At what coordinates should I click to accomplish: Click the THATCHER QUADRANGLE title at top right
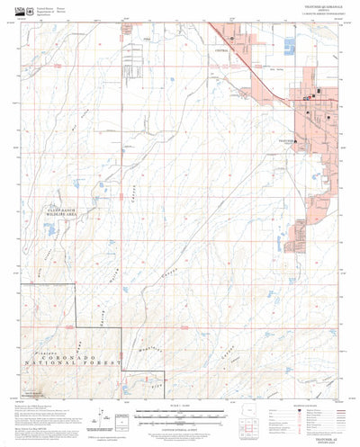(x=313, y=10)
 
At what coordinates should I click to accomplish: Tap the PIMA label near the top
(x=148, y=40)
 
